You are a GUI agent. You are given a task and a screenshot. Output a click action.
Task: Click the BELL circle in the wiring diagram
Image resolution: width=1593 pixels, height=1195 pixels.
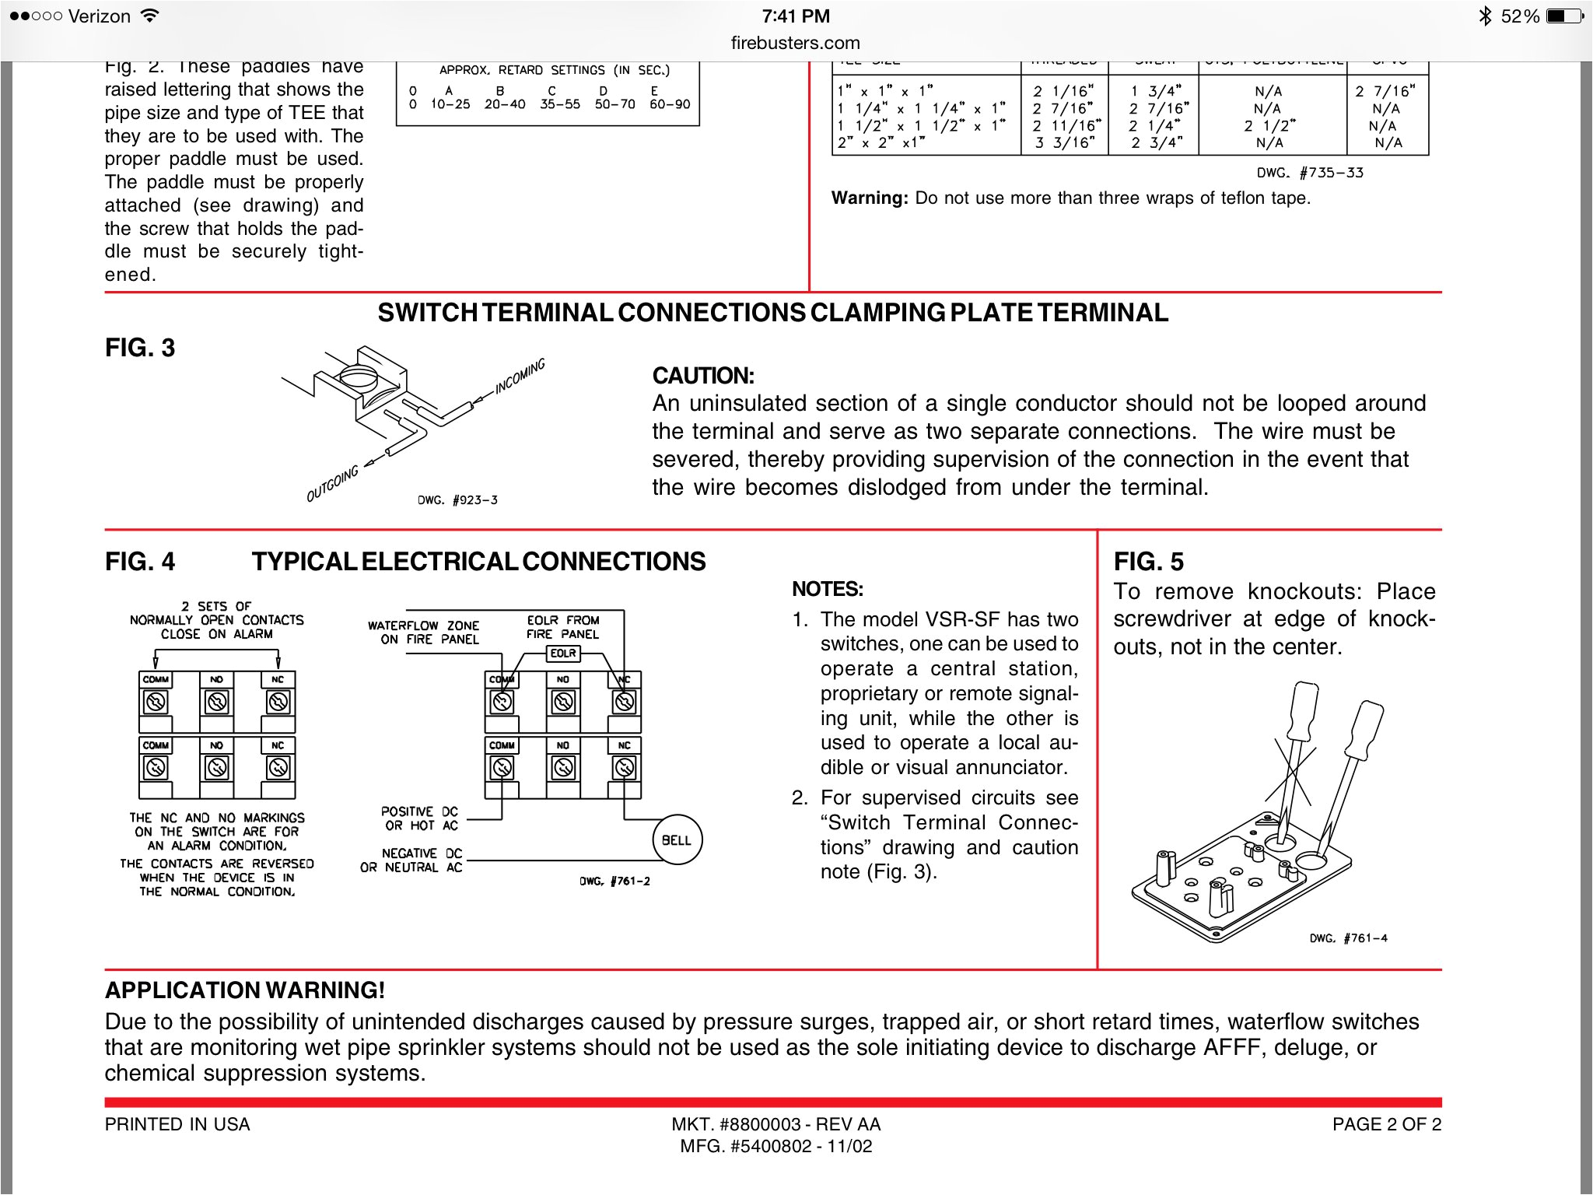point(676,839)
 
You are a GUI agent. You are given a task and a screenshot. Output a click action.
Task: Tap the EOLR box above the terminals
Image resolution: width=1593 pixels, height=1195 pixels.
point(562,654)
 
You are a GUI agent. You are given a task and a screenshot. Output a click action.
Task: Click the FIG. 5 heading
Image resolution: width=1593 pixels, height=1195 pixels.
point(1148,561)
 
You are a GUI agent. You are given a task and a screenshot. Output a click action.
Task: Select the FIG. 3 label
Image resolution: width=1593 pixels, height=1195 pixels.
point(140,348)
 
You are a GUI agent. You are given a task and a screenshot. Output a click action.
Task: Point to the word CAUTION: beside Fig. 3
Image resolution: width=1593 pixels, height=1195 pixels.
point(702,376)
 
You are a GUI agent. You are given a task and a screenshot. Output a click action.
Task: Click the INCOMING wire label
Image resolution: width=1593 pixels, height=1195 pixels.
point(520,377)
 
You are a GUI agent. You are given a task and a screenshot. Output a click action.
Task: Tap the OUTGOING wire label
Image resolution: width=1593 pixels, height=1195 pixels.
point(332,484)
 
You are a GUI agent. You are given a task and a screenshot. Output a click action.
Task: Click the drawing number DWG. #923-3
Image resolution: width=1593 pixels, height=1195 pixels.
point(457,500)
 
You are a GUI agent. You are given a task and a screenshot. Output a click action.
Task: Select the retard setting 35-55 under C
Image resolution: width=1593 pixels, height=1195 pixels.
point(560,104)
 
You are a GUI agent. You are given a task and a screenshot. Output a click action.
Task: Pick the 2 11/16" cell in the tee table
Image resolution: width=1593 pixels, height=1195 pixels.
point(1066,126)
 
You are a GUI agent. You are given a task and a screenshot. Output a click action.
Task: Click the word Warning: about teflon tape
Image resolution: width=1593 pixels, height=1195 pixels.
point(869,198)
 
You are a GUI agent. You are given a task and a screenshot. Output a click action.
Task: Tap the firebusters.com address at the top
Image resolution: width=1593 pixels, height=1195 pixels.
point(795,43)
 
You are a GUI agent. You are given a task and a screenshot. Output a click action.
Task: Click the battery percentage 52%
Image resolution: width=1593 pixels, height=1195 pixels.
point(1519,16)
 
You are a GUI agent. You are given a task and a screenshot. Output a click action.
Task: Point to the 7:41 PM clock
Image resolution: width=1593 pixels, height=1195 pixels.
point(795,16)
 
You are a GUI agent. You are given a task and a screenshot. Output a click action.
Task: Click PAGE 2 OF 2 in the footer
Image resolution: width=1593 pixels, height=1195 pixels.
point(1386,1124)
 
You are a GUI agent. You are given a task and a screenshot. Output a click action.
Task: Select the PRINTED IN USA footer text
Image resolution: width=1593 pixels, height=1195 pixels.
point(177,1124)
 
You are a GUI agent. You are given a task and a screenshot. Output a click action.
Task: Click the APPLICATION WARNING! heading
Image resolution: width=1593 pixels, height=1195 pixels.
point(245,990)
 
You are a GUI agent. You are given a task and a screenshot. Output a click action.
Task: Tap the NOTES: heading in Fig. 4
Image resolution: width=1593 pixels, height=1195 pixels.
point(827,589)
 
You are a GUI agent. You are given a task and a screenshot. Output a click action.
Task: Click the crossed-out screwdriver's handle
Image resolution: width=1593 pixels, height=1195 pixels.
point(1304,710)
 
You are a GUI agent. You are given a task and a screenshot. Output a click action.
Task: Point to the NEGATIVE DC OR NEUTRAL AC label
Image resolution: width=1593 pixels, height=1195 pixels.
point(411,860)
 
